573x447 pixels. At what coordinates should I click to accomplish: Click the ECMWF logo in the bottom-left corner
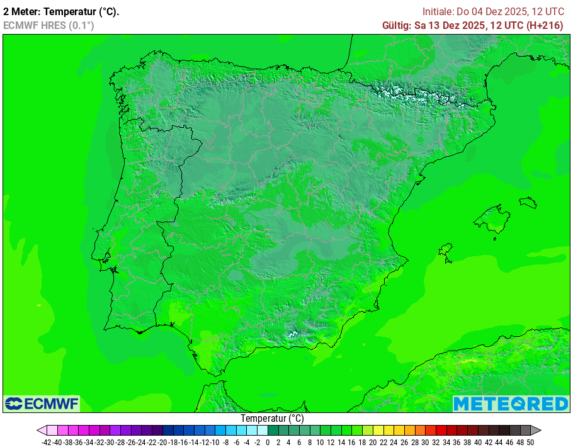(x=42, y=403)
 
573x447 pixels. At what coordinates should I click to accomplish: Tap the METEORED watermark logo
(x=511, y=404)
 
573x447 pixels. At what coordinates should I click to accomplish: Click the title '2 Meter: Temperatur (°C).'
(x=61, y=11)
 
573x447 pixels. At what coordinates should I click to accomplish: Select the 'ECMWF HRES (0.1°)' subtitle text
(x=48, y=25)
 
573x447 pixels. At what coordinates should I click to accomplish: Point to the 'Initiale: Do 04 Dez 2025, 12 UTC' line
(x=493, y=11)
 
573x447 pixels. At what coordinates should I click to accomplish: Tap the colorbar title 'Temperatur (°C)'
(x=272, y=418)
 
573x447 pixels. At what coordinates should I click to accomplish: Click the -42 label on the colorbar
(x=46, y=442)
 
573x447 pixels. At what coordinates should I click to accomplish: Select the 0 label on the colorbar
(x=268, y=442)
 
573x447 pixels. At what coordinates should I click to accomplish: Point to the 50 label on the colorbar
(x=530, y=442)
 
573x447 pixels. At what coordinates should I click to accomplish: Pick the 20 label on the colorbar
(x=373, y=442)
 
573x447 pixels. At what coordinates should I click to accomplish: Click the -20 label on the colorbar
(x=162, y=442)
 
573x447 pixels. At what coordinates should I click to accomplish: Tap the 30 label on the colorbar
(x=425, y=442)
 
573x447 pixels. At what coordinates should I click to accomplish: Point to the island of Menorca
(x=528, y=202)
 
